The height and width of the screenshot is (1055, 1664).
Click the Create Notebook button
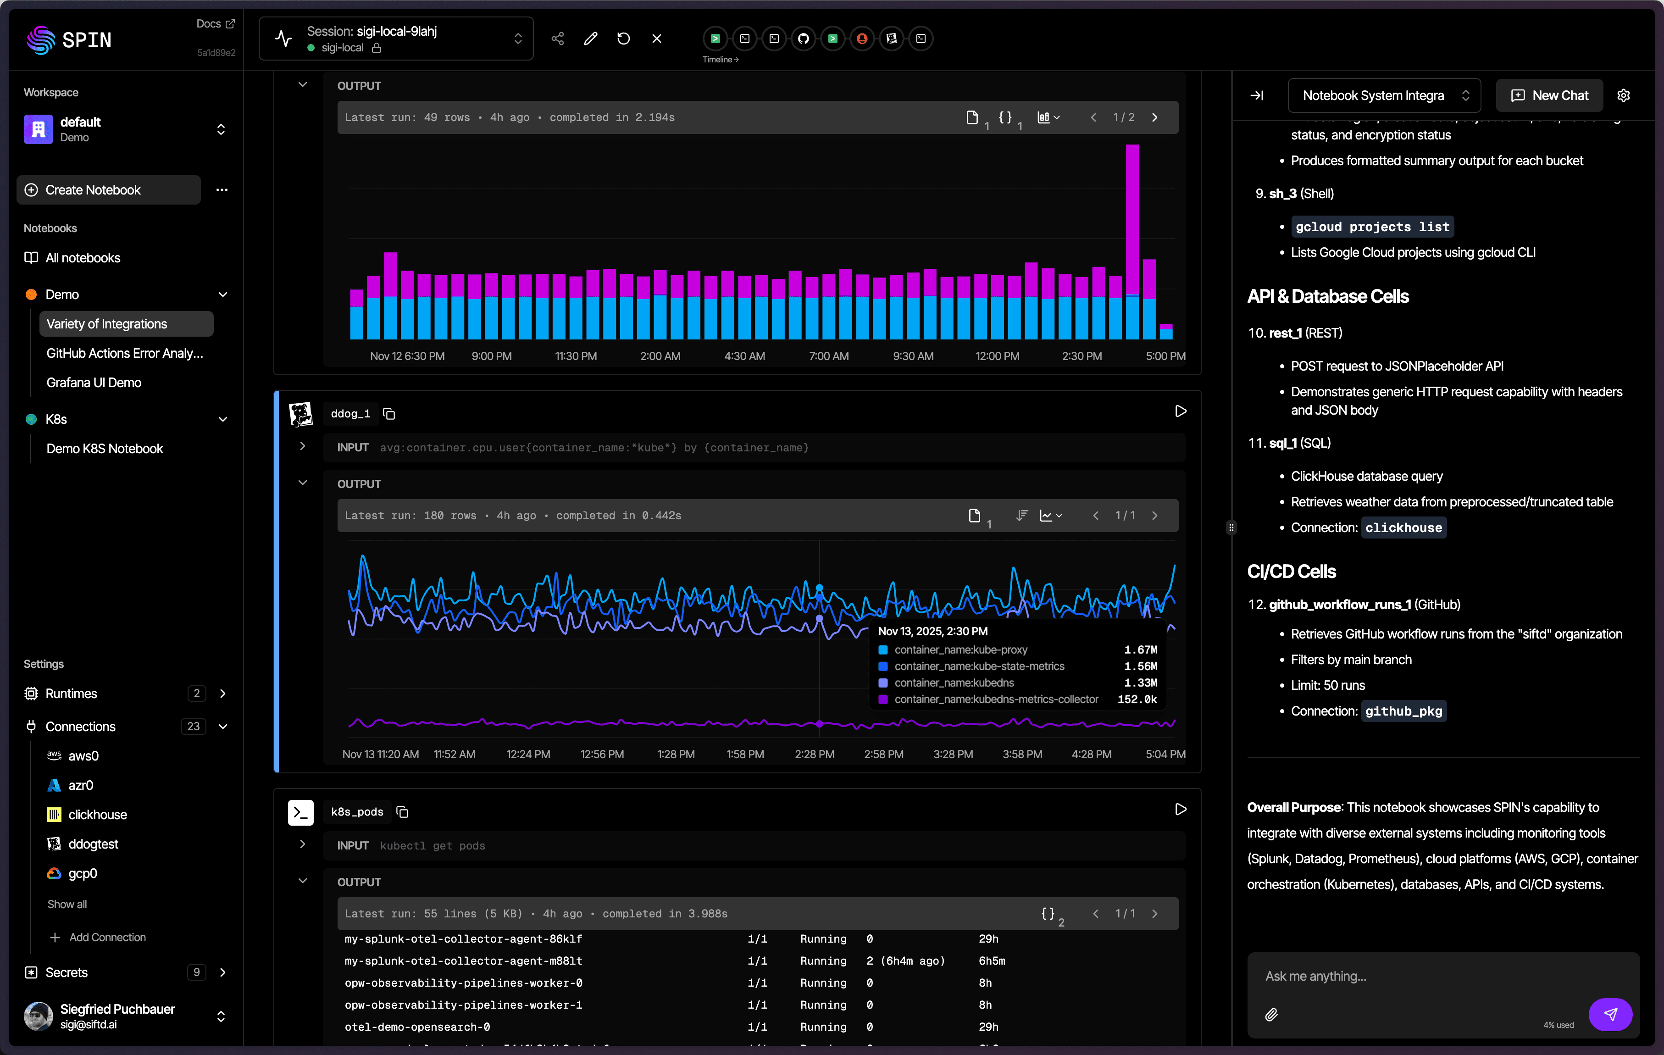point(109,190)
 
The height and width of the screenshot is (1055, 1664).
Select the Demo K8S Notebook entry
point(105,449)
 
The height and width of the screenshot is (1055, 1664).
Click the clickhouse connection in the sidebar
point(97,815)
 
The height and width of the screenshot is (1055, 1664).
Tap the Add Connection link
point(107,938)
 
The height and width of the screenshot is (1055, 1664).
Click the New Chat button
point(1549,95)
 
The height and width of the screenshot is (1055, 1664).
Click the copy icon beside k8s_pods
point(402,812)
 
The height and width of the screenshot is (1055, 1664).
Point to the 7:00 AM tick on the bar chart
point(828,356)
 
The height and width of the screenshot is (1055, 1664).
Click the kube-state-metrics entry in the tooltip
point(978,666)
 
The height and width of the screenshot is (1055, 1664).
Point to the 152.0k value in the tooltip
point(1137,699)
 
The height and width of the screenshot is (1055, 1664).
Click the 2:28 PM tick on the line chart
point(814,755)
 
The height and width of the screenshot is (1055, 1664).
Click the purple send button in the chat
point(1609,1014)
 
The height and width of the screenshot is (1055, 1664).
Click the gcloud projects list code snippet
point(1372,227)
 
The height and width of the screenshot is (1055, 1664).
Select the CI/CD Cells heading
point(1291,572)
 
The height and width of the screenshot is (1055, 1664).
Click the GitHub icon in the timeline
point(803,39)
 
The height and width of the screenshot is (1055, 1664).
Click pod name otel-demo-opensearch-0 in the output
point(417,1027)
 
